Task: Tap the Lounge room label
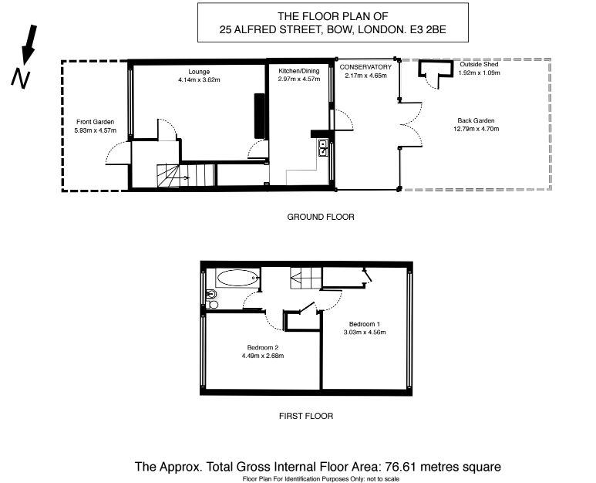point(199,72)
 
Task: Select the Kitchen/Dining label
point(298,71)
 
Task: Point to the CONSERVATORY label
point(365,67)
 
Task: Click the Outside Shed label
point(479,64)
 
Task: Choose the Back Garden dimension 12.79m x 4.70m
point(476,129)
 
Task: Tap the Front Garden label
point(95,122)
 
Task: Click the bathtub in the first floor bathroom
point(238,278)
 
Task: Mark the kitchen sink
point(323,147)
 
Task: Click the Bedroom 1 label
point(365,324)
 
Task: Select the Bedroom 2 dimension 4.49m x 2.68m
point(263,356)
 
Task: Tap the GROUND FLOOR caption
point(321,217)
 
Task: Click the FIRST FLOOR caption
point(306,416)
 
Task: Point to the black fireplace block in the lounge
point(260,116)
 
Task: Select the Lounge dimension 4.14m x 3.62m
point(199,80)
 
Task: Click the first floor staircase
point(306,278)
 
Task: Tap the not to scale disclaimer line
point(321,479)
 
